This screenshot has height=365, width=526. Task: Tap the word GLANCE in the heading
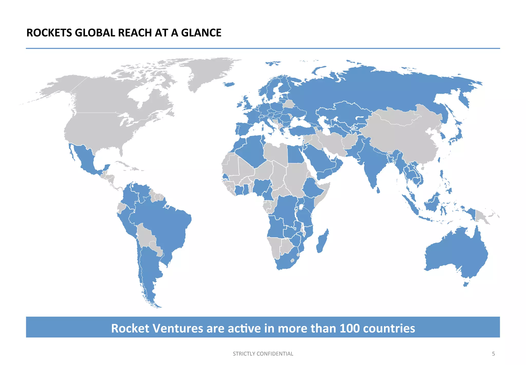click(201, 33)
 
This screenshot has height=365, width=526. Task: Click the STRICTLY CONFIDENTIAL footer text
click(263, 354)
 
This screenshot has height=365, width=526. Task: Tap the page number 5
click(493, 354)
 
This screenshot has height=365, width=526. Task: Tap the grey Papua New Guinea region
click(482, 216)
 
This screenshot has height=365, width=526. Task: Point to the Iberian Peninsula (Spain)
click(244, 129)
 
